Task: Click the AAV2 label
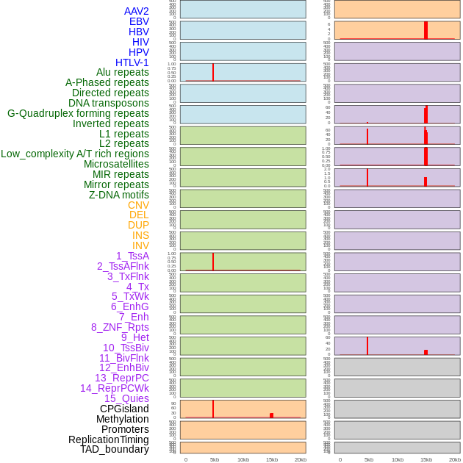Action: click(136, 11)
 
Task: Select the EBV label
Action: click(139, 21)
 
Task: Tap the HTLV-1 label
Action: click(132, 62)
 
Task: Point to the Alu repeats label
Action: click(122, 72)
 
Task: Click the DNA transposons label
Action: click(108, 103)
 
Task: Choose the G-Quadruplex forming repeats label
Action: click(78, 113)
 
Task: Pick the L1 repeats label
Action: click(123, 134)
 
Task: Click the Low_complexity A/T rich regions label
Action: click(74, 154)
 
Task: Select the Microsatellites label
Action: click(116, 164)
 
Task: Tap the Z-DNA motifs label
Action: click(118, 195)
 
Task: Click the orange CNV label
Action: click(138, 205)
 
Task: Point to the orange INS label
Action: click(140, 235)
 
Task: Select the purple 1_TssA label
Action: click(132, 256)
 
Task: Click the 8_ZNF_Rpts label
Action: click(120, 327)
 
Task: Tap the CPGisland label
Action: click(124, 409)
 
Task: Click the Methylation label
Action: click(122, 419)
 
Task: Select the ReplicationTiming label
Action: click(108, 439)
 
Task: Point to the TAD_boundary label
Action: click(114, 449)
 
